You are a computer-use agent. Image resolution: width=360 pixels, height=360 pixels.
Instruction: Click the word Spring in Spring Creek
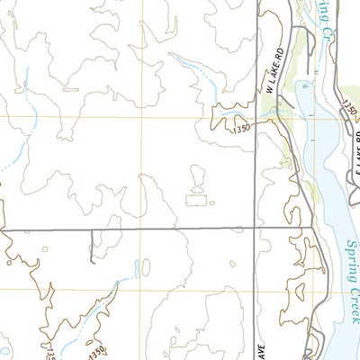350,260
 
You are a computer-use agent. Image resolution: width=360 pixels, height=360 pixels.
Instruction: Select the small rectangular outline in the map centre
194,200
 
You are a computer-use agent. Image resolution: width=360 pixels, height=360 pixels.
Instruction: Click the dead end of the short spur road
92,262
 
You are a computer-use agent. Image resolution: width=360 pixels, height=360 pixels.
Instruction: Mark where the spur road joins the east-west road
92,229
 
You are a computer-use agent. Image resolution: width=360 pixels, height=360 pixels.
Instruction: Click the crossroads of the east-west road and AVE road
254,229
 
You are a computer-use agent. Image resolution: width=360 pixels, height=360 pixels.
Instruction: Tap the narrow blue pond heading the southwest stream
137,268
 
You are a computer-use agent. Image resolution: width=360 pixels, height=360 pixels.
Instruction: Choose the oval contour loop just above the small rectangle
198,177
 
